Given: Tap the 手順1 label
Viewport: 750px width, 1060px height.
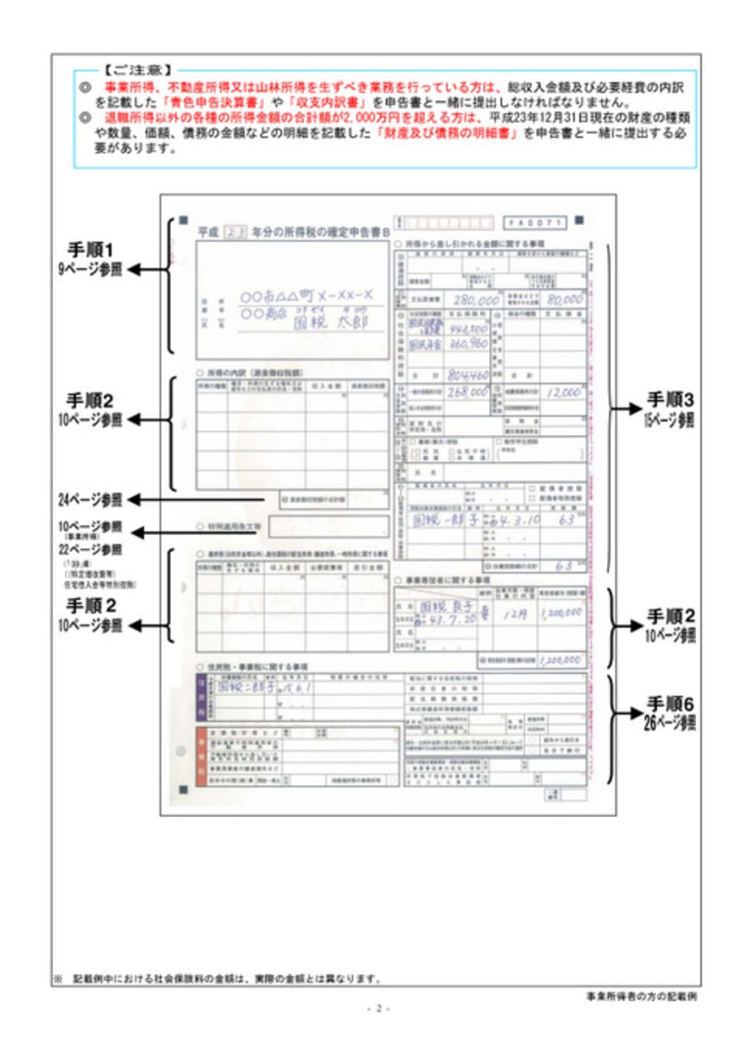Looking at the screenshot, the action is click(90, 250).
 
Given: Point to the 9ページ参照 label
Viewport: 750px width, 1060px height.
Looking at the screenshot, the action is click(90, 269).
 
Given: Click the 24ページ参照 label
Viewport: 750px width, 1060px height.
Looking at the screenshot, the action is click(90, 500).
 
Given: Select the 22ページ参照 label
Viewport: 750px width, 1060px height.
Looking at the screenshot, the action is click(90, 549).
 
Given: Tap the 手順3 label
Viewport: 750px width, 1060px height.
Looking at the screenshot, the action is click(670, 400).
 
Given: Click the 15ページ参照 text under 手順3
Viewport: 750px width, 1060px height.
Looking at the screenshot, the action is click(670, 419).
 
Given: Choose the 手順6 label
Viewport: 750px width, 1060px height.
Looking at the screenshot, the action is click(670, 704).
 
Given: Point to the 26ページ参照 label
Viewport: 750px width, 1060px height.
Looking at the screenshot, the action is click(670, 723).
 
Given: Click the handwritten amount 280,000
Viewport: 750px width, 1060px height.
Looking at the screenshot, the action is click(476, 300).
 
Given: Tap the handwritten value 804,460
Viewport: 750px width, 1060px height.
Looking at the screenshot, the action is click(468, 375).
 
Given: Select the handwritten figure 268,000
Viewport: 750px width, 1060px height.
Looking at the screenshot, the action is click(468, 392).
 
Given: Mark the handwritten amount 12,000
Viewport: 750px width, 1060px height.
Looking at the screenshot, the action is click(564, 392).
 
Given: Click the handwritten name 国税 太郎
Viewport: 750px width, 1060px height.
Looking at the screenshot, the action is click(330, 322).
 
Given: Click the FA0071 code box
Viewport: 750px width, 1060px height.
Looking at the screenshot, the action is click(534, 223).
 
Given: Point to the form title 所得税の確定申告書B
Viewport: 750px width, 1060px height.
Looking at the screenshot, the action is click(320, 232).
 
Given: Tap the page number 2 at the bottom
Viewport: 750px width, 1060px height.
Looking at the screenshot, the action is click(378, 1008).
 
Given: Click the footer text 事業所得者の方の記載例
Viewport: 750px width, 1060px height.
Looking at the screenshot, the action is click(641, 996).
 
